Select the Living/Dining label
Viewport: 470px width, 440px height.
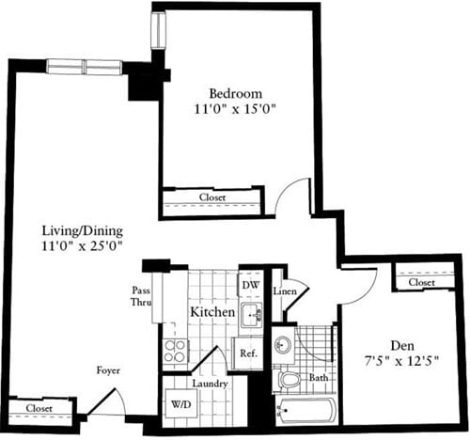[x=84, y=230]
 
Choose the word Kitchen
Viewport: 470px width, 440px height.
[x=212, y=311]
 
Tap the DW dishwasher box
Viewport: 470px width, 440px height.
[x=250, y=285]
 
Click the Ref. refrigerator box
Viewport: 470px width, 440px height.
[x=248, y=354]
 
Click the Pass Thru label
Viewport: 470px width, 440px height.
[x=140, y=297]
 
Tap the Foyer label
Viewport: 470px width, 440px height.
[x=108, y=370]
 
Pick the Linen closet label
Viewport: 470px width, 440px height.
[x=287, y=291]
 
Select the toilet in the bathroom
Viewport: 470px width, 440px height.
[x=289, y=379]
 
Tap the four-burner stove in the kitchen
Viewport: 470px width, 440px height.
[x=175, y=352]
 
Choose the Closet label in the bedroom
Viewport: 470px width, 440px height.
[x=212, y=197]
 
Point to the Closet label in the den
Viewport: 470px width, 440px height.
[x=421, y=282]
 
